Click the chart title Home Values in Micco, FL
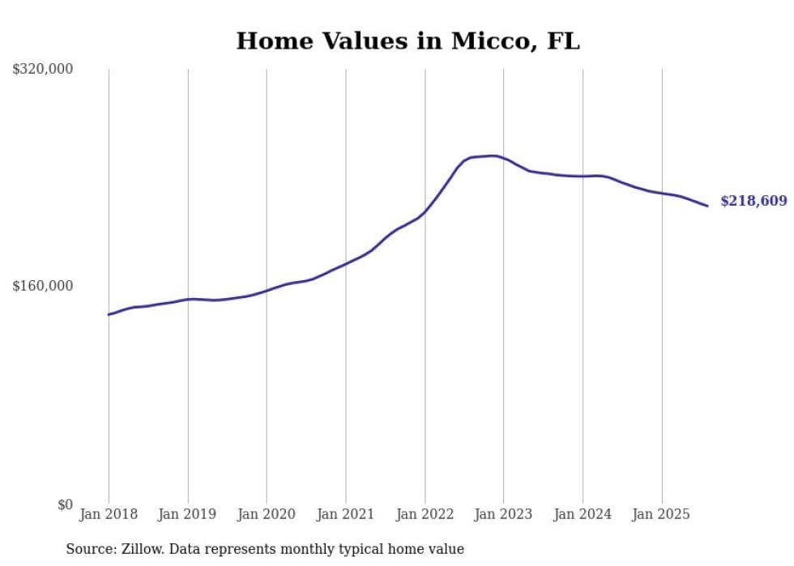[408, 40]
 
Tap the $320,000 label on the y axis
[43, 69]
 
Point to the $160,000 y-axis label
[43, 286]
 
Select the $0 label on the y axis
[65, 504]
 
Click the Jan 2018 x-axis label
[109, 514]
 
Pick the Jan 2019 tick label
[188, 514]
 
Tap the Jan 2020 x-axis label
[267, 514]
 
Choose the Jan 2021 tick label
[346, 514]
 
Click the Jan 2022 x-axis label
[425, 514]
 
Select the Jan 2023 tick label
[504, 514]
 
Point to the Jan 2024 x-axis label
[583, 514]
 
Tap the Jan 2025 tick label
[662, 514]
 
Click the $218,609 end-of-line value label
[753, 201]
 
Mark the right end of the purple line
[708, 206]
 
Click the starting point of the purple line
[109, 314]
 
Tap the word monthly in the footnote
[297, 549]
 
